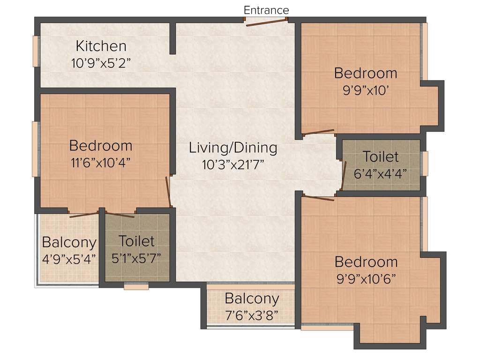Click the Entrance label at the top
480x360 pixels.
pyautogui.click(x=266, y=10)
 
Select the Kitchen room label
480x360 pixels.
pyautogui.click(x=101, y=46)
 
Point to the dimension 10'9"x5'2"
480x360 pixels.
pyautogui.click(x=101, y=63)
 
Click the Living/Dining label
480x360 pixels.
pyautogui.click(x=233, y=148)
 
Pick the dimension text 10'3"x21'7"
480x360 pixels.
pyautogui.click(x=233, y=164)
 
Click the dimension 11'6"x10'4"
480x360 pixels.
pyautogui.click(x=100, y=162)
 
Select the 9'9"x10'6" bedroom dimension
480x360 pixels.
pyautogui.click(x=366, y=278)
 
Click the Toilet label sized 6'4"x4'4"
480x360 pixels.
pyautogui.click(x=381, y=156)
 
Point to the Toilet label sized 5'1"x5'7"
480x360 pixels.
pyautogui.click(x=136, y=241)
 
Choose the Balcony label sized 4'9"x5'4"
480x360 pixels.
pyautogui.click(x=69, y=242)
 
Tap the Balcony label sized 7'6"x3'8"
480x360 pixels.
pyautogui.click(x=252, y=298)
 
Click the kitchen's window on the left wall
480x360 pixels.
pyautogui.click(x=35, y=51)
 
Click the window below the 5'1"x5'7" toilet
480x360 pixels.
pyautogui.click(x=136, y=286)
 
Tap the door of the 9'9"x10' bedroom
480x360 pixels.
pyautogui.click(x=319, y=132)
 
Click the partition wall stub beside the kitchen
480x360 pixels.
pyautogui.click(x=172, y=37)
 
